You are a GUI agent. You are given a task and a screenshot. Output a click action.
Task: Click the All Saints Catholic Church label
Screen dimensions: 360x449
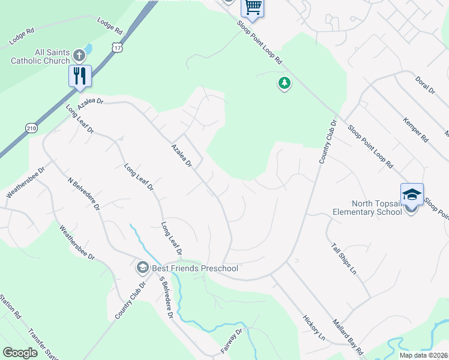(x=40, y=56)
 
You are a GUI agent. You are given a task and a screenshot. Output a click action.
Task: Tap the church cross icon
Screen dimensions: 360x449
(x=79, y=56)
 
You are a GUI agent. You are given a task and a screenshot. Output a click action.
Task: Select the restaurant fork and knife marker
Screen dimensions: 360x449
(x=80, y=76)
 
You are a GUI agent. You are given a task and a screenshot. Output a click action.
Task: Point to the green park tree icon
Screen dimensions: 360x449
(x=284, y=83)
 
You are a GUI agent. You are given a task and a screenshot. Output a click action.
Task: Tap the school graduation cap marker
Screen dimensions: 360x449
(x=412, y=194)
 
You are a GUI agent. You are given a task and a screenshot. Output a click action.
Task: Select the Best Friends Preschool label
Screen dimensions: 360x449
(x=194, y=268)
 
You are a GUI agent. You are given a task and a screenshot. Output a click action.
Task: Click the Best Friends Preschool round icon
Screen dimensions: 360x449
(x=143, y=267)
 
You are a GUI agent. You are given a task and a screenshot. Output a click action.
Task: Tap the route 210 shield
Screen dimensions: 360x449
(x=32, y=127)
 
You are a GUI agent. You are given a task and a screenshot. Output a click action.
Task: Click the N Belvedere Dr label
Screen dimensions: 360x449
(x=83, y=194)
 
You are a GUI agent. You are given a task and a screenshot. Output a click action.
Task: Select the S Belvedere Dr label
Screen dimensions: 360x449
(x=166, y=298)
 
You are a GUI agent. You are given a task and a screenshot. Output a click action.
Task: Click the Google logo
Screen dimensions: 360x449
(x=20, y=353)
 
